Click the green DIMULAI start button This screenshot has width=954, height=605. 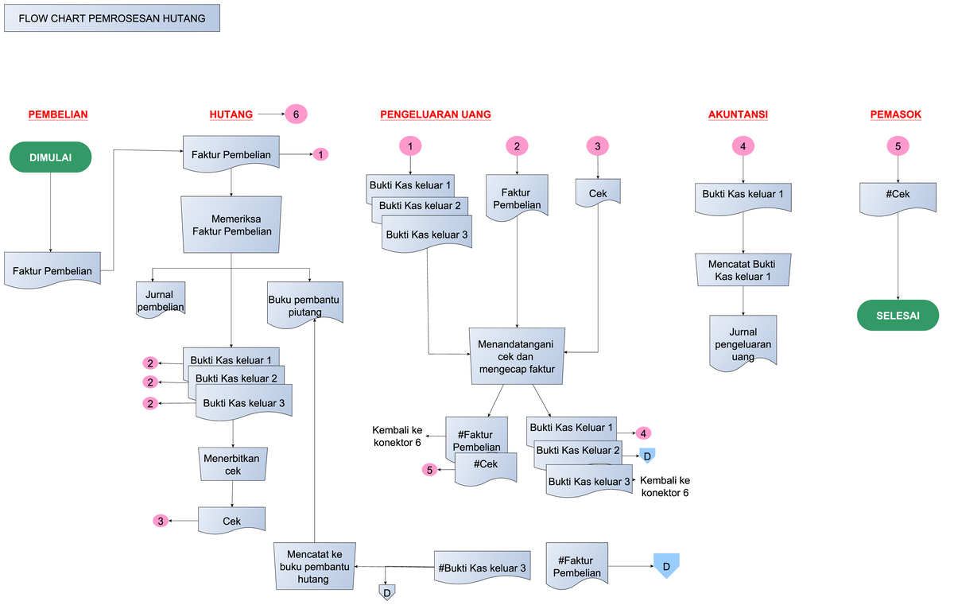pos(50,157)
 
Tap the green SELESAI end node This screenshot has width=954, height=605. pos(898,316)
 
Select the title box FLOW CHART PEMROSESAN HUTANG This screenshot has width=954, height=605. pos(111,17)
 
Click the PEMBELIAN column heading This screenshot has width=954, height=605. pos(58,114)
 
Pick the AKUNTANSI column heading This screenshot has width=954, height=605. pos(738,114)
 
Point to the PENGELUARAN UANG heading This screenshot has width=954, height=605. pos(435,114)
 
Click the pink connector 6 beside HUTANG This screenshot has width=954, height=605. pos(296,114)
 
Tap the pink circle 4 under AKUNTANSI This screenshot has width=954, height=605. pos(743,145)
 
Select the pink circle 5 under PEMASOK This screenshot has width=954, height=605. pos(898,145)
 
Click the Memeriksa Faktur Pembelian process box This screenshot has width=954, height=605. pos(231,225)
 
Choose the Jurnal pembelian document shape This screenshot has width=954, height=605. pos(160,301)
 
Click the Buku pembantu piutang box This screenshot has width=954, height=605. pos(305,304)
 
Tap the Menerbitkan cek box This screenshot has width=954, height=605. pos(232,464)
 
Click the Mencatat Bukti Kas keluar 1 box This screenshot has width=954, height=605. pos(743,270)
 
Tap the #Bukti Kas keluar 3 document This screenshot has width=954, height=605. pos(482,568)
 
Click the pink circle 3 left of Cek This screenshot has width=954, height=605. pos(161,522)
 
